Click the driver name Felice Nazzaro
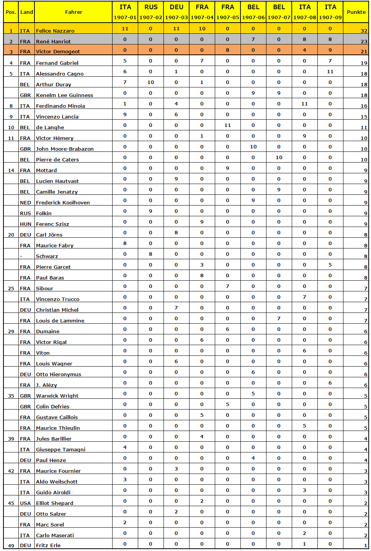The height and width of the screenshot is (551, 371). click(55, 31)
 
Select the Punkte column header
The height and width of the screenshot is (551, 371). click(356, 12)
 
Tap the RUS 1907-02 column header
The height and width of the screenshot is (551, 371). click(151, 12)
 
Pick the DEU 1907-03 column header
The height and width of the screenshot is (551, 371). click(177, 12)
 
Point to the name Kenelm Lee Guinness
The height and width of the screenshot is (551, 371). click(64, 95)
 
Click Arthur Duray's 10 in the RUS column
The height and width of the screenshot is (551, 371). click(151, 82)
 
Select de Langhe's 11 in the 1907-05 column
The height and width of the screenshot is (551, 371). click(227, 125)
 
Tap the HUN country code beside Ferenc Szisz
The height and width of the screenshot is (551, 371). click(25, 224)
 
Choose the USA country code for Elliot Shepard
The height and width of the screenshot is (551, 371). click(25, 503)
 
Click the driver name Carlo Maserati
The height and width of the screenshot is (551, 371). click(55, 535)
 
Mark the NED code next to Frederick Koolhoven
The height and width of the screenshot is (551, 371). click(25, 202)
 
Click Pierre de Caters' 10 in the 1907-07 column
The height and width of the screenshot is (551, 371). click(279, 157)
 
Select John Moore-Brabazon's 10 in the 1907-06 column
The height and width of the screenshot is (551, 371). click(253, 146)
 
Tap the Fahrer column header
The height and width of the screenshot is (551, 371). click(74, 12)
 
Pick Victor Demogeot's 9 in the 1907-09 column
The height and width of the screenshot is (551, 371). click(330, 50)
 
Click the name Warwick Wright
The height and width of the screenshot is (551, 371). click(57, 396)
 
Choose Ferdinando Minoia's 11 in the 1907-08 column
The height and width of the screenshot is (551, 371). click(304, 104)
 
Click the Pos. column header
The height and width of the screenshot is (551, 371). click(11, 12)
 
